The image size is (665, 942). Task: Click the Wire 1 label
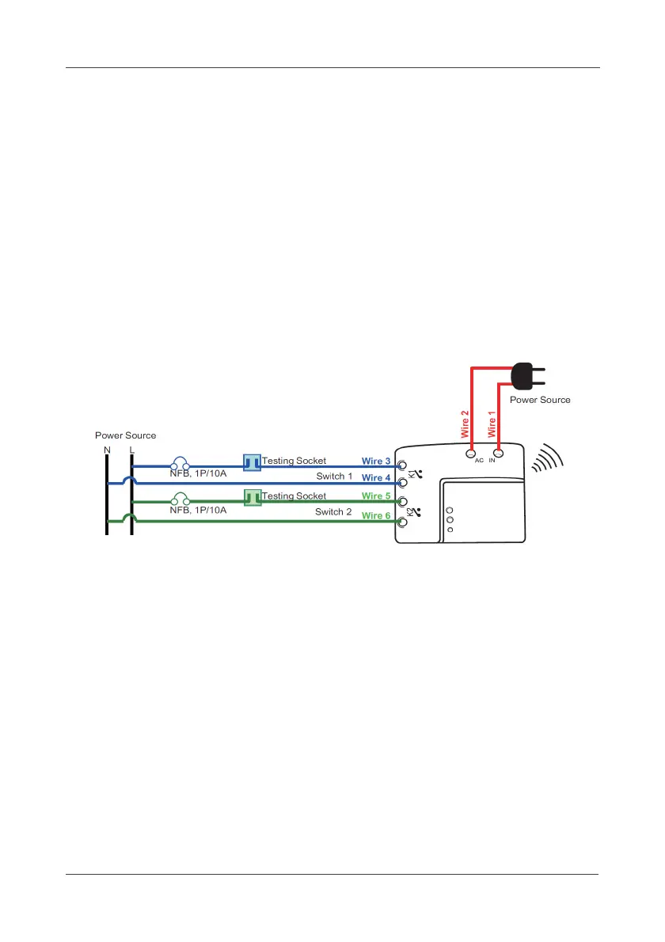492,423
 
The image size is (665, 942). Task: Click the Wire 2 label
465,423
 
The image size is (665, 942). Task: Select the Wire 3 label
376,461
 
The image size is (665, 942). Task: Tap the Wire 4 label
376,478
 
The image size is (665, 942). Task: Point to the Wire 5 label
376,496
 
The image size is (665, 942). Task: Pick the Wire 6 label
376,515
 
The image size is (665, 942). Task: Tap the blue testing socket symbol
252,462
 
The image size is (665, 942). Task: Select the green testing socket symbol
253,498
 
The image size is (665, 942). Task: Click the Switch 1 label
334,477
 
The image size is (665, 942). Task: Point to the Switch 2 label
333,512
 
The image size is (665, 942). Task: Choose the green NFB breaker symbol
180,499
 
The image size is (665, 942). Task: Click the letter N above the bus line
107,450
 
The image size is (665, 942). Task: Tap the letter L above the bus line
131,450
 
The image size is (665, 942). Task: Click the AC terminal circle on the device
471,454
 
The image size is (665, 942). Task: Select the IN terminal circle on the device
498,454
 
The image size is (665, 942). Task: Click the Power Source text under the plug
540,400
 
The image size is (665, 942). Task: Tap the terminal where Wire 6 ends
402,522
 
